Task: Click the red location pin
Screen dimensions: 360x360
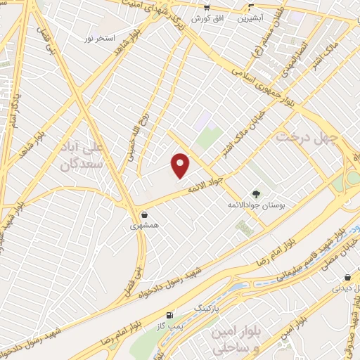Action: [x=181, y=165]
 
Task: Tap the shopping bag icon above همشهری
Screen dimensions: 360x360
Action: [x=144, y=214]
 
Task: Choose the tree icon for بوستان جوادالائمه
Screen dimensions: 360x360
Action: [x=255, y=194]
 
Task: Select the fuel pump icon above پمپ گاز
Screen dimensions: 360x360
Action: [x=169, y=314]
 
